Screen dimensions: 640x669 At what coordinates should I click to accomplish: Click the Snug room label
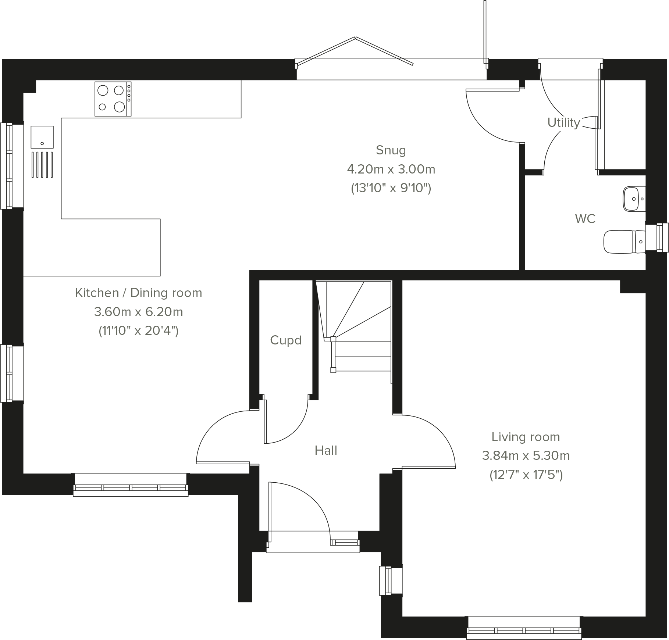click(391, 150)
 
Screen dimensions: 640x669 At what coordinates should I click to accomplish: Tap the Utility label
click(563, 122)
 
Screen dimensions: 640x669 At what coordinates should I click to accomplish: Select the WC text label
click(585, 219)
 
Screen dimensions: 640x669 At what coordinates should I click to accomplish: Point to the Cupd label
click(285, 340)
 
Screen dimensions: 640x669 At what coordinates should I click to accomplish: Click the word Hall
click(326, 450)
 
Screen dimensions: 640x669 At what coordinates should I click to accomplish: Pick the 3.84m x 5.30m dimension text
click(526, 456)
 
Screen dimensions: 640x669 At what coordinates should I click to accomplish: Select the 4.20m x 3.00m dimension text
click(391, 169)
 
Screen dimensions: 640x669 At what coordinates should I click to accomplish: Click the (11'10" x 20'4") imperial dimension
click(138, 331)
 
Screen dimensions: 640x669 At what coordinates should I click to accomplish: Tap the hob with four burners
click(113, 99)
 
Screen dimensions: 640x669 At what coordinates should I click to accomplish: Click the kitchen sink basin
click(42, 137)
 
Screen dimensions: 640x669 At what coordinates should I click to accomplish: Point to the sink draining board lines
click(42, 165)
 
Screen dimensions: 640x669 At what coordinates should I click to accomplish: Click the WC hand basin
click(633, 199)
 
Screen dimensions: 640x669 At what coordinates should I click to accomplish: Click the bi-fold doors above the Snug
click(355, 51)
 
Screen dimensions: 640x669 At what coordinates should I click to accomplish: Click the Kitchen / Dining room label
click(138, 293)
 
